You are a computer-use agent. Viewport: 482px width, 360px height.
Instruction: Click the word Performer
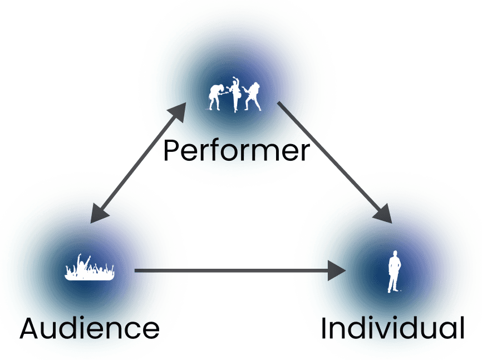(x=236, y=150)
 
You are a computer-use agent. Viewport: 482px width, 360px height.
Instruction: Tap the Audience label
(x=90, y=329)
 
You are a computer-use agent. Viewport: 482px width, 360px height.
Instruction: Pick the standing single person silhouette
(x=394, y=272)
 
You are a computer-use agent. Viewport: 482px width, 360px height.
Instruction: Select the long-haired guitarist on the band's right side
(x=253, y=96)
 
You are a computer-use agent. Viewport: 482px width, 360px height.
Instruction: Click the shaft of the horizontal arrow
(x=234, y=272)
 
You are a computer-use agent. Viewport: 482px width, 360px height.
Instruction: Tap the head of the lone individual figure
(x=395, y=254)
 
